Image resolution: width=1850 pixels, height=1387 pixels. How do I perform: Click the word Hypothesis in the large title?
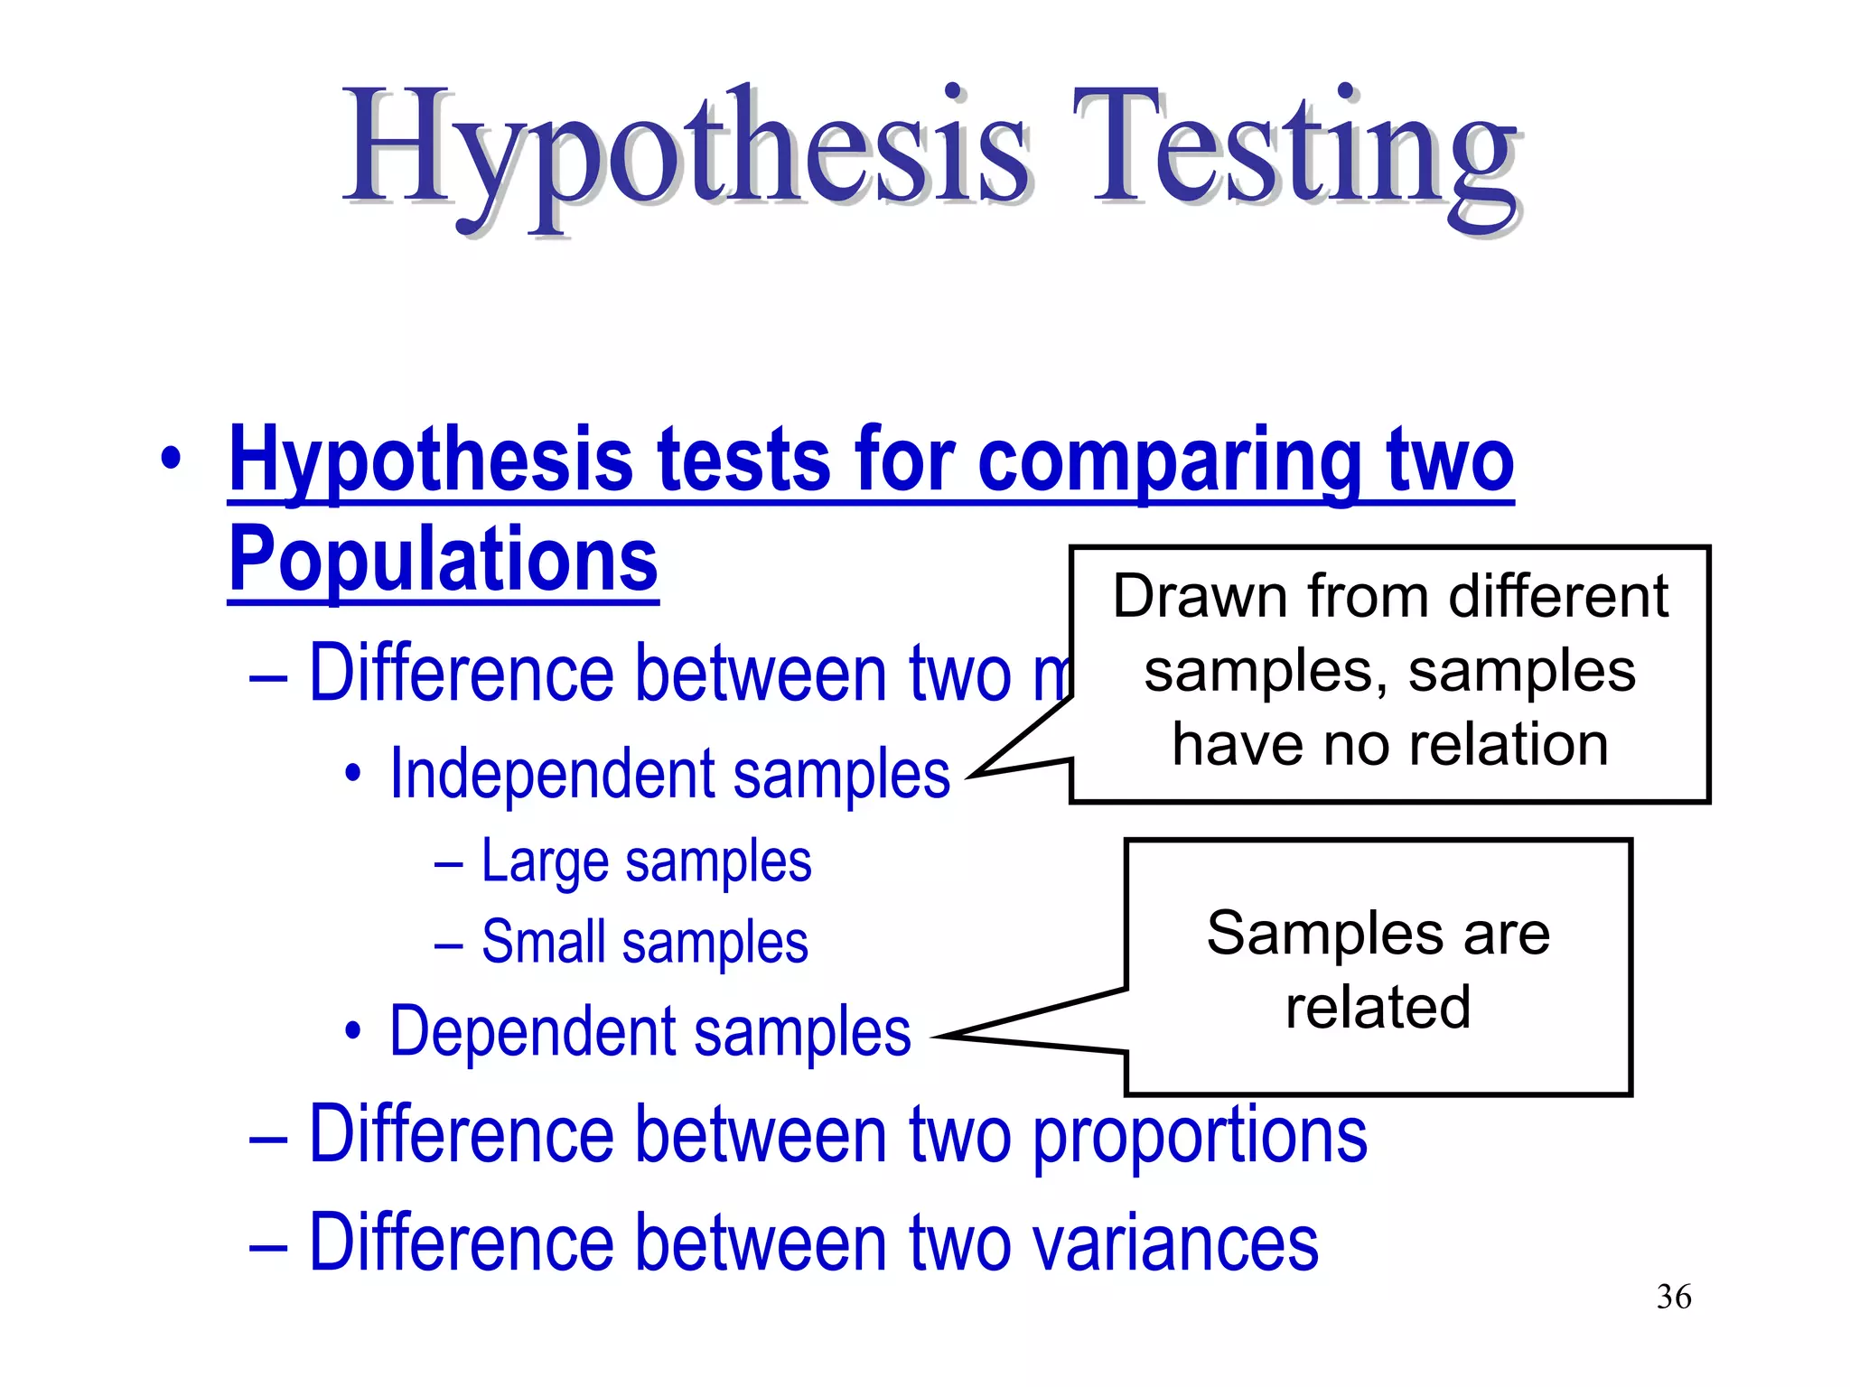tap(687, 154)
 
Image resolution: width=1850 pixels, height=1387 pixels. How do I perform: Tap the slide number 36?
tap(1674, 1297)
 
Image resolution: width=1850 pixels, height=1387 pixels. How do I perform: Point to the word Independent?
tap(552, 774)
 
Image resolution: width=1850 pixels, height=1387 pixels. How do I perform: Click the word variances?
tap(1175, 1243)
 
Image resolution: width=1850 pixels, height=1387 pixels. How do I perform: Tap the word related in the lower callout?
tap(1378, 1008)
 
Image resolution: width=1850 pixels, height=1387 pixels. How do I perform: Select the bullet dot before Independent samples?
tap(352, 775)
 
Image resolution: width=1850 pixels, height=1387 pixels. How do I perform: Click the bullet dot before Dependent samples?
tap(352, 1031)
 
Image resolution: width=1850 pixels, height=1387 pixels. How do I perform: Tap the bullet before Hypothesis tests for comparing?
tap(170, 458)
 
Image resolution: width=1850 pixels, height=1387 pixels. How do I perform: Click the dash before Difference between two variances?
tap(268, 1246)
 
